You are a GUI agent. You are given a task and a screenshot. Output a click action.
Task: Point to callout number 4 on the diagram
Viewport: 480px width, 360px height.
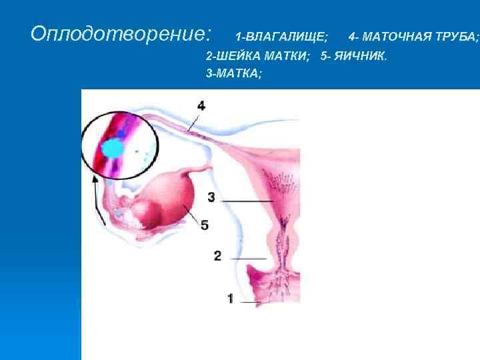pyautogui.click(x=201, y=105)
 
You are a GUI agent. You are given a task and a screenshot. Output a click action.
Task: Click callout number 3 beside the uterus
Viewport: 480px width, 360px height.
pyautogui.click(x=211, y=197)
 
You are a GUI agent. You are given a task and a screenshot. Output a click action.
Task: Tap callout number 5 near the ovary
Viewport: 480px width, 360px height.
pyautogui.click(x=205, y=225)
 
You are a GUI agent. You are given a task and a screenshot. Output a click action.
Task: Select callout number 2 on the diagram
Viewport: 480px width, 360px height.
pyautogui.click(x=217, y=255)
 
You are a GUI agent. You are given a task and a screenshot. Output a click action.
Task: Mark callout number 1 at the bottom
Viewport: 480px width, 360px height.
pyautogui.click(x=230, y=299)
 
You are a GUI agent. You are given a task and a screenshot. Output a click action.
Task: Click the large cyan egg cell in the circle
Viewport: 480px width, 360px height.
pyautogui.click(x=113, y=148)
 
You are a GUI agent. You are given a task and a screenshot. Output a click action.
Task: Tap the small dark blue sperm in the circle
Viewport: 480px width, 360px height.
pyautogui.click(x=121, y=134)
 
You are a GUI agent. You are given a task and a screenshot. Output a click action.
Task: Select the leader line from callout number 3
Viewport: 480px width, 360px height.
pyautogui.click(x=247, y=201)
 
